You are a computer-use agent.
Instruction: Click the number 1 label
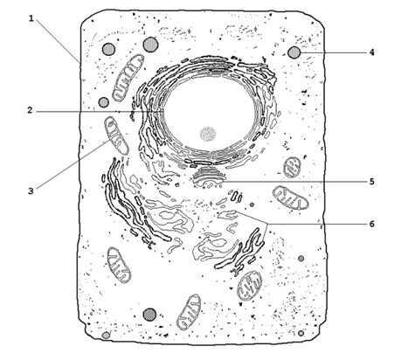pos(31,18)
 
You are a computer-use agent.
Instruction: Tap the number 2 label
pos(31,110)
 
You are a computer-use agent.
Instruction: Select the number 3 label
pos(31,191)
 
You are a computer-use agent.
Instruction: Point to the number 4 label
pos(371,52)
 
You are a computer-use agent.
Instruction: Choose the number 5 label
pos(371,182)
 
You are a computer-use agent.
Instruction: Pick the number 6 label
pos(371,224)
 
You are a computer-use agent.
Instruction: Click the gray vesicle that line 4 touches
pos(294,52)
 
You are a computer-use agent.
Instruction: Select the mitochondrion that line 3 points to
pos(116,135)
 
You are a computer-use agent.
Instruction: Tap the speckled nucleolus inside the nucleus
pos(208,135)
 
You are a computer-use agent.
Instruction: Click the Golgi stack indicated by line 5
pos(209,177)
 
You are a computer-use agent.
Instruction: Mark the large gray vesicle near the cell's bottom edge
pos(149,315)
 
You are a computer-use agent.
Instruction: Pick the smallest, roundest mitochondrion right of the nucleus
pos(292,168)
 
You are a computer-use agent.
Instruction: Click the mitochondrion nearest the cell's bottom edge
pos(189,312)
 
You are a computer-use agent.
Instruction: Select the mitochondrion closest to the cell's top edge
pos(128,78)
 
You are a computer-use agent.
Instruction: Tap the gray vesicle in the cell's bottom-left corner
pos(106,336)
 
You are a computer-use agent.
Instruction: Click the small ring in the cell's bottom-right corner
pos(301,333)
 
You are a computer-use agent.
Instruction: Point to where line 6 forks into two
pos(267,224)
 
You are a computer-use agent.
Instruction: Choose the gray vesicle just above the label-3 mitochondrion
pos(103,102)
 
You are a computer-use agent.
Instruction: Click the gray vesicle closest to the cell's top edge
pos(151,45)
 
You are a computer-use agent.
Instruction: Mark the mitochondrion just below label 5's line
pos(290,198)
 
